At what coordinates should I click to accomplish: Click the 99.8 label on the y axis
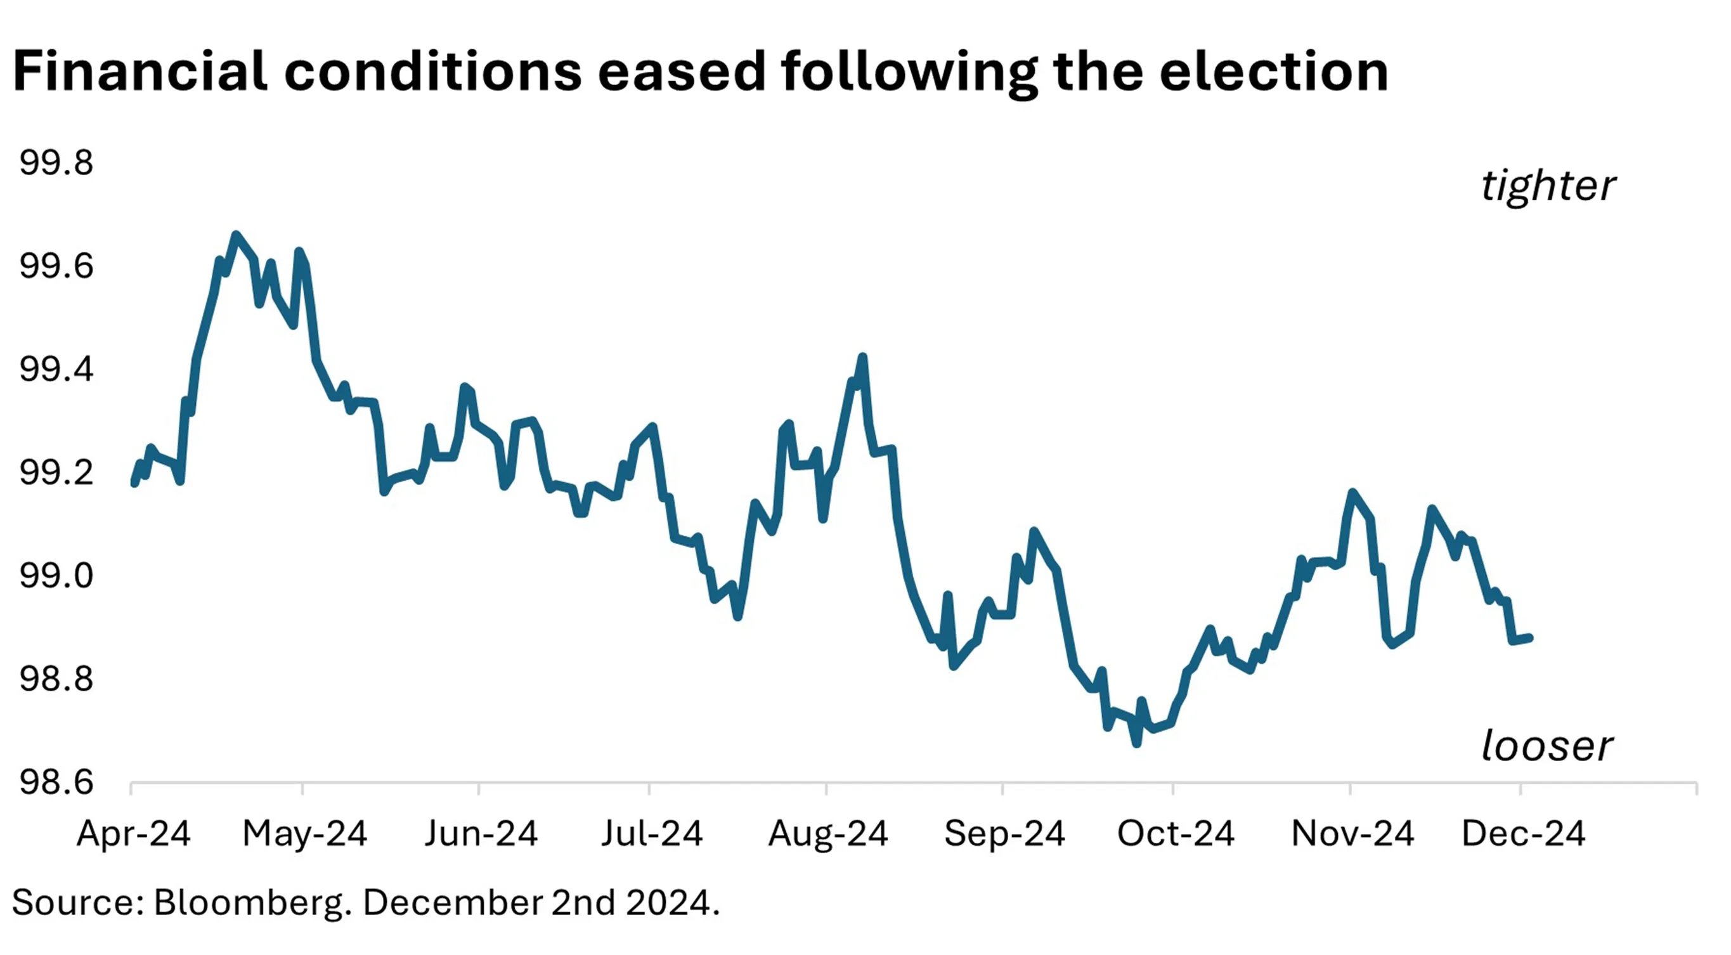click(56, 164)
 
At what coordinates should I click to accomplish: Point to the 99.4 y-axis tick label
click(56, 370)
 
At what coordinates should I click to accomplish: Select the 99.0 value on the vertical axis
click(56, 576)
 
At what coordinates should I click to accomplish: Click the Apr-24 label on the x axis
click(133, 834)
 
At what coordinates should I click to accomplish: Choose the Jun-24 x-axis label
click(481, 834)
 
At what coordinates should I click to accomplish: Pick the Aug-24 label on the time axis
click(828, 834)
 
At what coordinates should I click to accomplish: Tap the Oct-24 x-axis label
click(1176, 834)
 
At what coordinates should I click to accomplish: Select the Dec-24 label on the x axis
click(1522, 834)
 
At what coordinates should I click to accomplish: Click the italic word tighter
click(1548, 186)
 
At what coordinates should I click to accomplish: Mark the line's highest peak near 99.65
click(235, 235)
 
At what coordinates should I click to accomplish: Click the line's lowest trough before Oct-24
click(1136, 743)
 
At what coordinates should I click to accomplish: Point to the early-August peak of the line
click(863, 357)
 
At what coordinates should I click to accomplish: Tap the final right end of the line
click(1530, 638)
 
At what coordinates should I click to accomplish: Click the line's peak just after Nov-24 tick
click(1352, 493)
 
